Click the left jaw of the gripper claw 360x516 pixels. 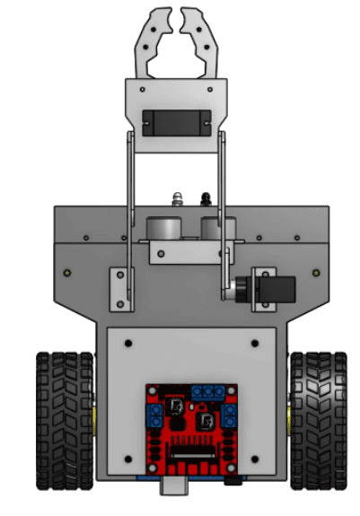[x=154, y=40]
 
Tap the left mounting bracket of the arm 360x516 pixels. [x=119, y=289]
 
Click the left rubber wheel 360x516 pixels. [x=64, y=420]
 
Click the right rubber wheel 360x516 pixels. [x=316, y=420]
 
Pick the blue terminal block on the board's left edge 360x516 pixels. [x=155, y=415]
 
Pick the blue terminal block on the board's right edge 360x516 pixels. [x=231, y=415]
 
